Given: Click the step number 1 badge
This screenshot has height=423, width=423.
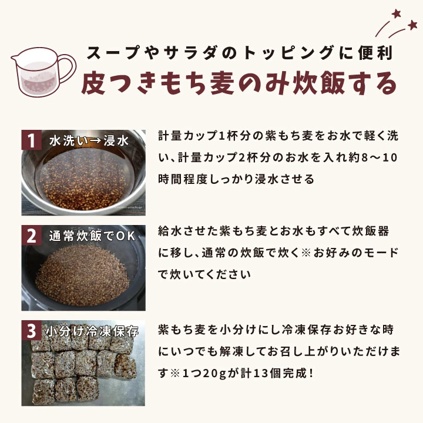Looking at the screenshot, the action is pyautogui.click(x=32, y=140).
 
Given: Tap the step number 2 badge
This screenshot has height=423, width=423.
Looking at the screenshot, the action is pyautogui.click(x=32, y=235).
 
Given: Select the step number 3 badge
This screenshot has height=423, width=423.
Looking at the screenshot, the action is pyautogui.click(x=32, y=330).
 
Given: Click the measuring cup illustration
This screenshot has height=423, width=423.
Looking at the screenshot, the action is pyautogui.click(x=43, y=72).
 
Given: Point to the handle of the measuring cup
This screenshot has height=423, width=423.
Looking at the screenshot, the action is pyautogui.click(x=68, y=68).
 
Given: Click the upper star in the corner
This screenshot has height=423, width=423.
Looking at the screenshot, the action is pyautogui.click(x=397, y=13).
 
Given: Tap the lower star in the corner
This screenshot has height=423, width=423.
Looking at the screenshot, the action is pyautogui.click(x=412, y=25).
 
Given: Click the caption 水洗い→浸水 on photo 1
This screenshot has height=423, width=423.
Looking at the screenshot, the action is pyautogui.click(x=89, y=141).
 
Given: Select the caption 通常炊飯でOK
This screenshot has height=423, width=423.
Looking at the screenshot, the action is pyautogui.click(x=92, y=236).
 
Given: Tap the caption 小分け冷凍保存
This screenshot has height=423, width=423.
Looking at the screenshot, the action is pyautogui.click(x=92, y=331).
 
